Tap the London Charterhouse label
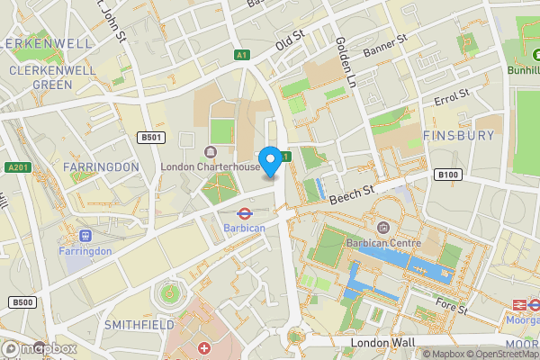[210, 166]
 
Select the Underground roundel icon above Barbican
[243, 214]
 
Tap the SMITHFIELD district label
[139, 323]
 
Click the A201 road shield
[18, 167]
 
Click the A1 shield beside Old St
[241, 56]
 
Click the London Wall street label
[383, 342]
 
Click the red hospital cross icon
[204, 348]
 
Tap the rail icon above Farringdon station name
[86, 236]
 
